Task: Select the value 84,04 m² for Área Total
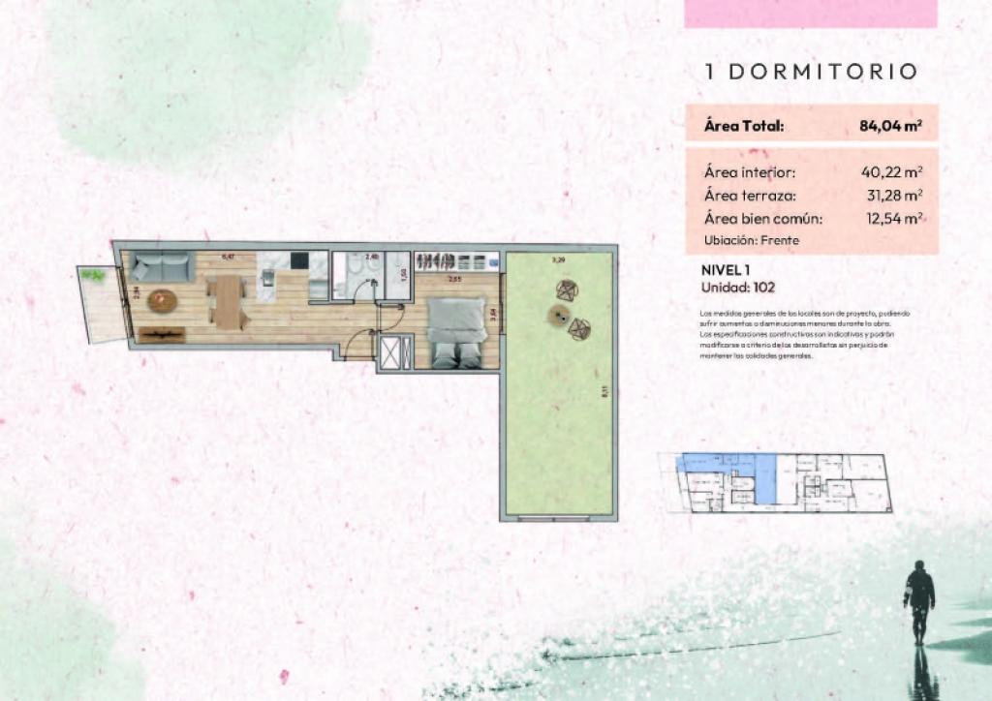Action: click(x=890, y=126)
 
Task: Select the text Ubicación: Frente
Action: click(x=753, y=239)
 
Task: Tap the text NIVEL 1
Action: click(x=726, y=270)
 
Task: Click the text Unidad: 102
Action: click(x=737, y=287)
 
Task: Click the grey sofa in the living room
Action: click(x=162, y=265)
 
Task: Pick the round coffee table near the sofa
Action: click(x=162, y=300)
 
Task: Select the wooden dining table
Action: click(x=229, y=301)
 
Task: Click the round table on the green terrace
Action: click(x=559, y=313)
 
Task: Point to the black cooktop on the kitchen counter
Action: click(x=298, y=260)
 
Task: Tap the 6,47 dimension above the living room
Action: click(x=229, y=257)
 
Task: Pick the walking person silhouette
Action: click(x=918, y=594)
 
